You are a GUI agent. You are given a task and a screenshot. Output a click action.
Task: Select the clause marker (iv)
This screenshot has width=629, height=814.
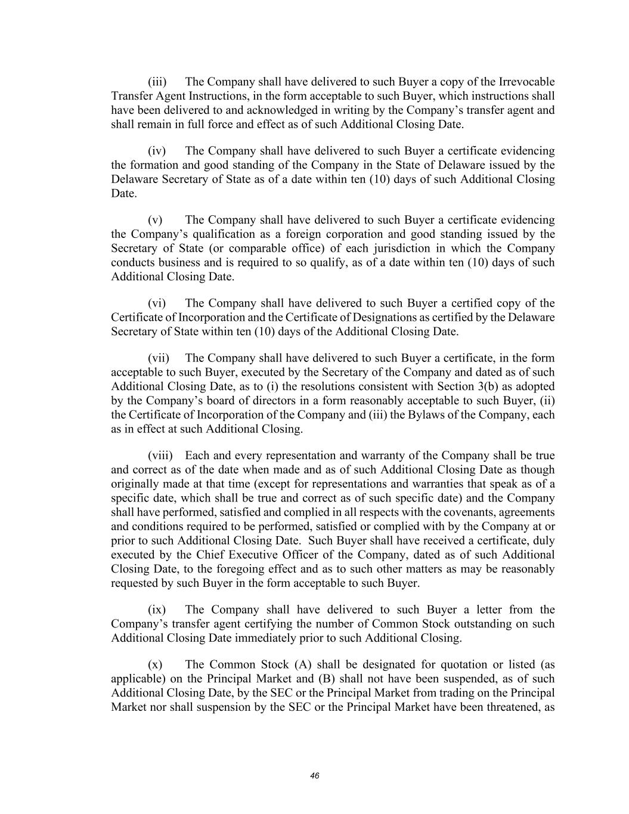click(x=157, y=151)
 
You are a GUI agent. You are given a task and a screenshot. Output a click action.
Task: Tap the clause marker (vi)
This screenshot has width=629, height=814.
click(x=157, y=303)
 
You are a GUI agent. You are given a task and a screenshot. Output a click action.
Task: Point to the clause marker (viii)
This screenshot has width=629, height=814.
click(x=160, y=456)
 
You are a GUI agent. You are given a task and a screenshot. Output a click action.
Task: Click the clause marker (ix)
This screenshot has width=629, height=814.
click(x=157, y=609)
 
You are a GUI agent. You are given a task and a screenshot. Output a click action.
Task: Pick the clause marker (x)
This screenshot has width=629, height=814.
click(x=155, y=664)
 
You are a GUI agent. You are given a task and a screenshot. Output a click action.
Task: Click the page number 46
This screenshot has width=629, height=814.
click(x=315, y=776)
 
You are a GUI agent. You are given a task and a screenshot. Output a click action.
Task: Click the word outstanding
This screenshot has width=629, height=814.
click(x=498, y=624)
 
